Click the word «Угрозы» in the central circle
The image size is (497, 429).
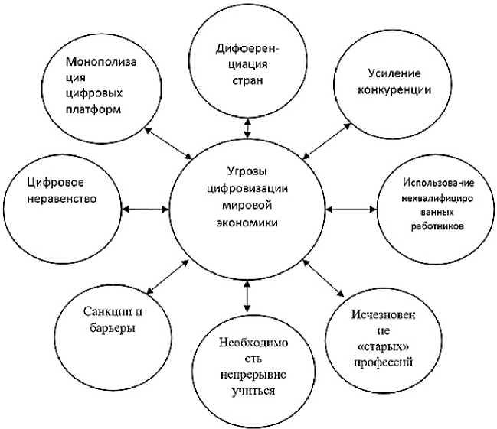[x=247, y=170]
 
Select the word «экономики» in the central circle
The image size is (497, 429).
[x=247, y=222]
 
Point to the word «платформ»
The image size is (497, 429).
[x=95, y=109]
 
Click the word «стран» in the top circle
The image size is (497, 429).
[x=247, y=83]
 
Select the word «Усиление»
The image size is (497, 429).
[x=394, y=73]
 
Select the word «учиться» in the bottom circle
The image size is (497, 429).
[x=247, y=390]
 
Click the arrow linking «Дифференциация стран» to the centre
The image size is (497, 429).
[x=247, y=126]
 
